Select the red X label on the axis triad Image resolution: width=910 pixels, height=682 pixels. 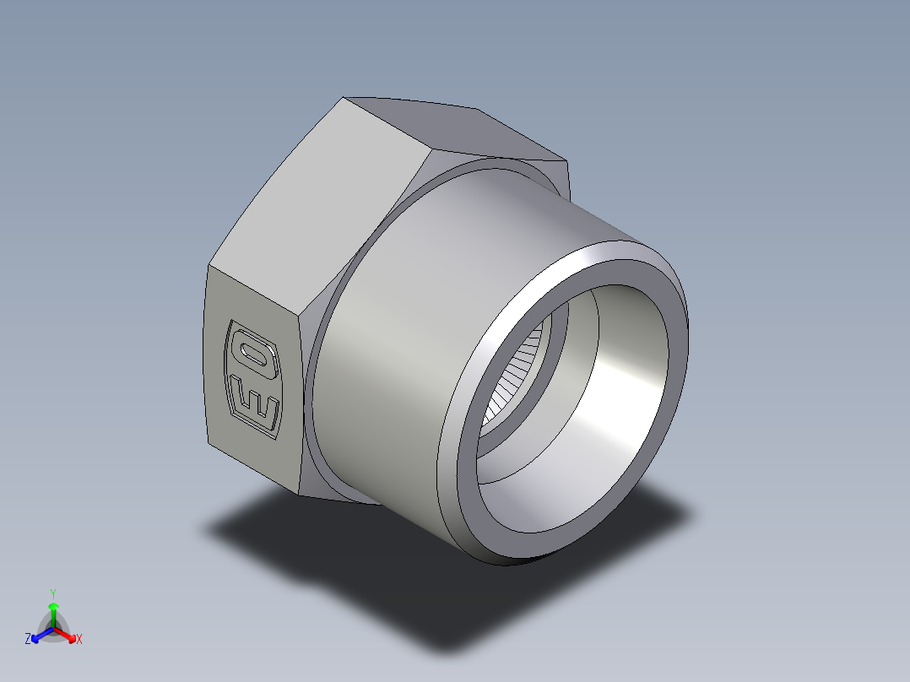[79, 639]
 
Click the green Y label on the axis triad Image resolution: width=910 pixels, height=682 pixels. [52, 593]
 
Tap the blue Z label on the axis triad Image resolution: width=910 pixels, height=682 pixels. [28, 639]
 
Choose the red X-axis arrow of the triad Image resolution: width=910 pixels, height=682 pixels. [68, 633]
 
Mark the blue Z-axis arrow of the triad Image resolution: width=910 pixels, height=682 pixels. [39, 634]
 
